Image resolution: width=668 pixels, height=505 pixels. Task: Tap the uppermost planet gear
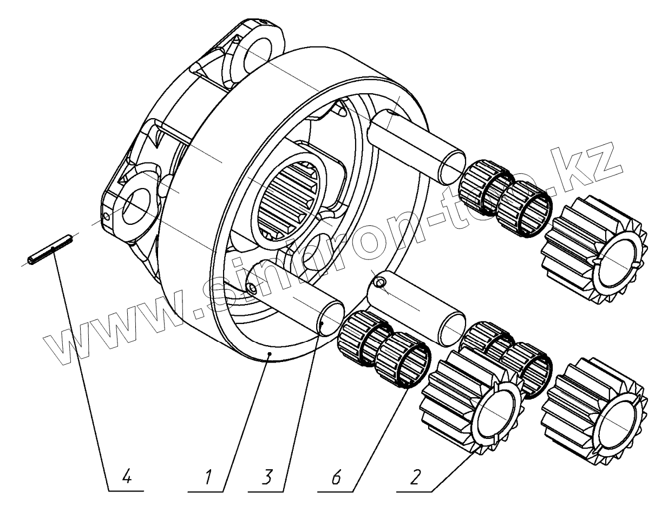coord(594,248)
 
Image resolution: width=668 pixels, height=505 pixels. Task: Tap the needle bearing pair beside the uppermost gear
coord(505,196)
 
